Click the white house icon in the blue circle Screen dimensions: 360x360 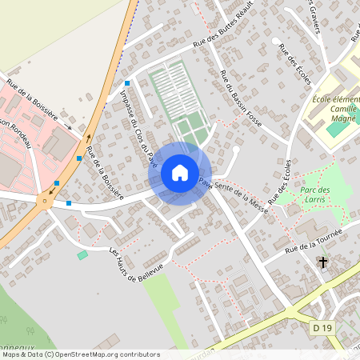coord(179,173)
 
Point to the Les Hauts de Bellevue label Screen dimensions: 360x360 coord(136,263)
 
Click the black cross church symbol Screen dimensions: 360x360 coord(323,262)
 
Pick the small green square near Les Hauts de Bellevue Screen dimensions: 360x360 coord(82,254)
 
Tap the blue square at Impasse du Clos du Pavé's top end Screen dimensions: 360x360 coord(127,83)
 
